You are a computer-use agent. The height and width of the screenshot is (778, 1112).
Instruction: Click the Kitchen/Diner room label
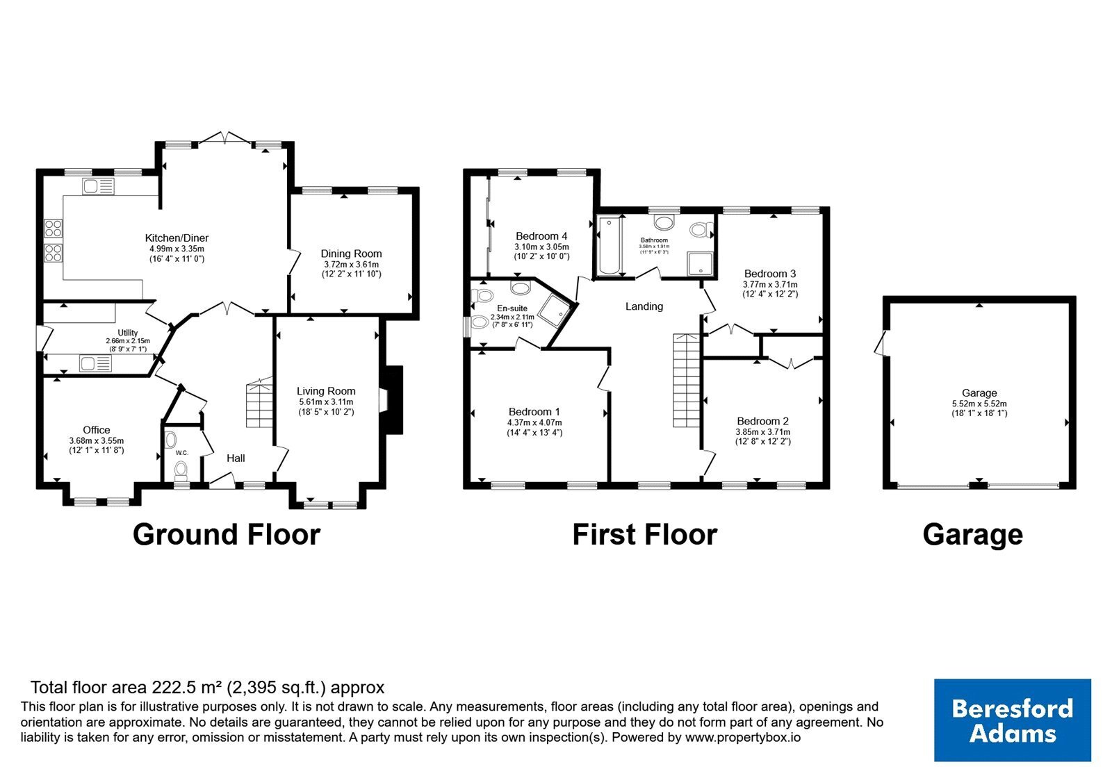177,238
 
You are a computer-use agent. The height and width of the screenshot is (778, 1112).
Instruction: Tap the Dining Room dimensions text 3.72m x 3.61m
351,265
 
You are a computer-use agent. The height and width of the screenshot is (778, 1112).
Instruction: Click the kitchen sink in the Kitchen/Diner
98,187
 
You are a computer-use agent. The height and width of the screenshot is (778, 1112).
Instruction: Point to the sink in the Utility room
95,364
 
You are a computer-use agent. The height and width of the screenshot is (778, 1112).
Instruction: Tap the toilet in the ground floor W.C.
181,472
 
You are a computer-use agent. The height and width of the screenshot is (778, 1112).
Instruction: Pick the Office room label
97,430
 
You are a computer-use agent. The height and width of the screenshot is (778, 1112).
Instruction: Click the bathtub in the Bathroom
609,245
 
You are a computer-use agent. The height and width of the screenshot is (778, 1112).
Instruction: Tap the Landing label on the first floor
644,306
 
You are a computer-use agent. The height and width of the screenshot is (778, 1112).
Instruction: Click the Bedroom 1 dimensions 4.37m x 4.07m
534,422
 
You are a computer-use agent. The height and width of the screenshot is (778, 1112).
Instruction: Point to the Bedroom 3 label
770,274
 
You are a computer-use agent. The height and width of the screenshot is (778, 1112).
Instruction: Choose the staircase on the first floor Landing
686,380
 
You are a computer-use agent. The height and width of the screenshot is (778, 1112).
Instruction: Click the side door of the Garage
882,343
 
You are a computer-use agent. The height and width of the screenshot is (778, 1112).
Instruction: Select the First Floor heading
644,534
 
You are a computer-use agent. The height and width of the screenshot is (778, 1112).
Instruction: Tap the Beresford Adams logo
1012,720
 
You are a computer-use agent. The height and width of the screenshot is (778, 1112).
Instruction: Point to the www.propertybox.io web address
743,737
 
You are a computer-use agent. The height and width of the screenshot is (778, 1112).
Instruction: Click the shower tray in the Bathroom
700,264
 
